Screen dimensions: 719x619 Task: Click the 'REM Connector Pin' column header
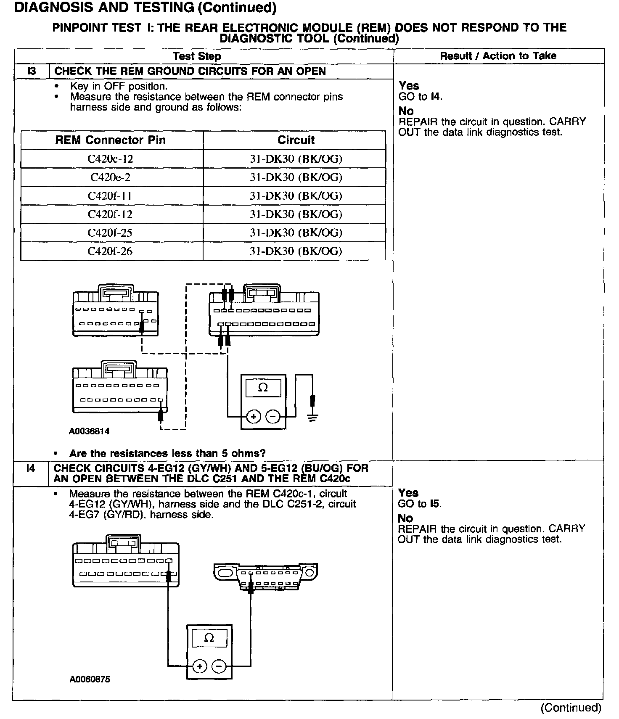tap(111, 140)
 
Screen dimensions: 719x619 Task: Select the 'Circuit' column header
tap(296, 140)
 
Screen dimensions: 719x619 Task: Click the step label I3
tap(32, 71)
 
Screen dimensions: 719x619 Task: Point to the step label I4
tap(31, 468)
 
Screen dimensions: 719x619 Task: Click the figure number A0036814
tap(89, 431)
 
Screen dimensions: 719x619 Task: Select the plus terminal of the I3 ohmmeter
tap(254, 417)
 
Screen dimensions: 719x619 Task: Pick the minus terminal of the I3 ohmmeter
tap(273, 417)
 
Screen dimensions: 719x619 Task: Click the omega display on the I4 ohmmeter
tap(209, 638)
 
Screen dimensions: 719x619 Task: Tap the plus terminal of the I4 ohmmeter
tap(200, 666)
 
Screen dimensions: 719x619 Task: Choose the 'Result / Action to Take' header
tap(498, 56)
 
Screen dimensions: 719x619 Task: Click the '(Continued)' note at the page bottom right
tap(571, 708)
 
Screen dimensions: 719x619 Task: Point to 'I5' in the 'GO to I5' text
tap(436, 504)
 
